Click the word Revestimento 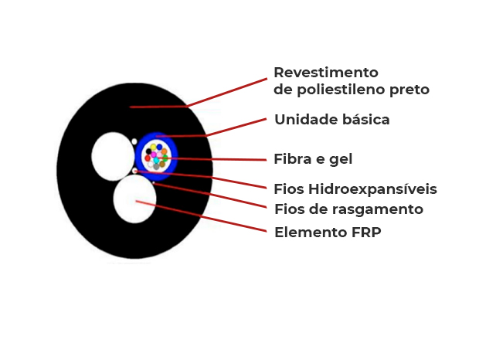326,73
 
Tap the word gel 341,160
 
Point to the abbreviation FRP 362,232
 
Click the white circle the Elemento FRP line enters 135,199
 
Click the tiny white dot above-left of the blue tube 134,141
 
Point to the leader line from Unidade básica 216,128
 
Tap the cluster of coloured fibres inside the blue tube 156,155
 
